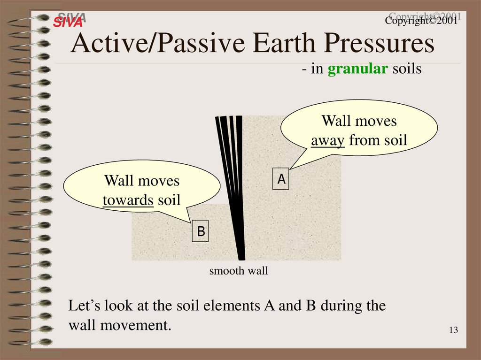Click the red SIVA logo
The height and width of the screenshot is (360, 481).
(x=68, y=22)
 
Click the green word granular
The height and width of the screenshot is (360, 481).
(x=357, y=69)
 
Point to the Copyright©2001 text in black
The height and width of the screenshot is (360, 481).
(x=421, y=21)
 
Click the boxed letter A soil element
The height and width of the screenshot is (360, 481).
(x=281, y=179)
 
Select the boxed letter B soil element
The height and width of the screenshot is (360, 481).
(x=200, y=231)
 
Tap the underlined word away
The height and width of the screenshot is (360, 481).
(x=327, y=141)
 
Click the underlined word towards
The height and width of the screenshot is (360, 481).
(x=128, y=200)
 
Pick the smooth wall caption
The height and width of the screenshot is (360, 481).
(x=239, y=271)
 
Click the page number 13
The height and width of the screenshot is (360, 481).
(x=454, y=330)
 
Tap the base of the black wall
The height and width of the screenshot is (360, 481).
(x=242, y=260)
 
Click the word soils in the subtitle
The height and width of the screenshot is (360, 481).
(x=407, y=69)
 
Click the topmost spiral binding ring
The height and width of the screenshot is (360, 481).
(x=29, y=18)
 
